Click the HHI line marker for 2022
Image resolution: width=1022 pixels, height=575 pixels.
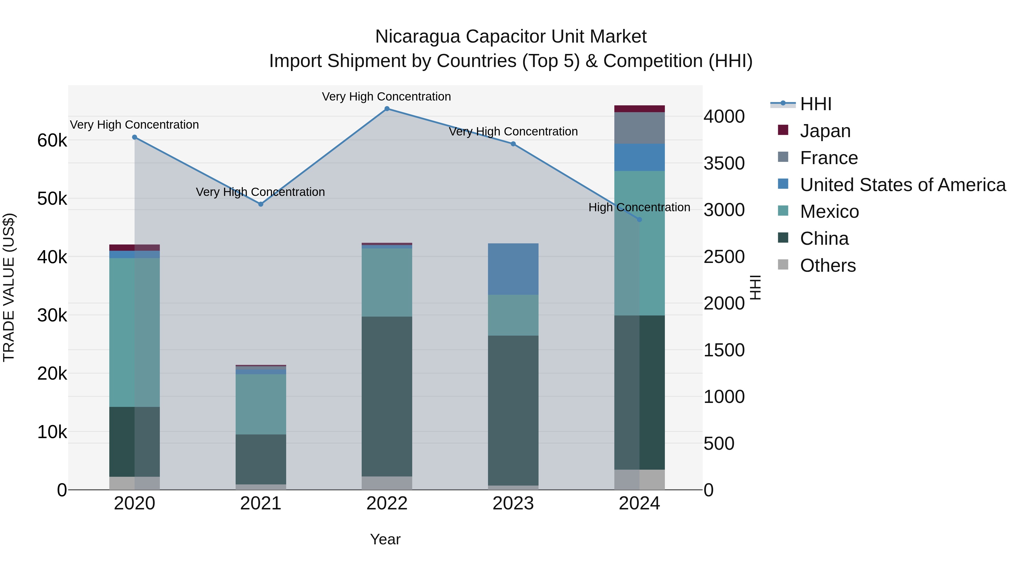click(387, 109)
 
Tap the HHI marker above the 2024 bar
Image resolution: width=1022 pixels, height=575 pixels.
click(639, 219)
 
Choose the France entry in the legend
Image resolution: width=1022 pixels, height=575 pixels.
click(828, 158)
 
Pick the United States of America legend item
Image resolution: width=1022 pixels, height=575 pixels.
click(902, 185)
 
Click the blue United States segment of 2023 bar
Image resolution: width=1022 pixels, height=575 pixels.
click(513, 269)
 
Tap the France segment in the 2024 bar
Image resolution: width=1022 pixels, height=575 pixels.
click(639, 128)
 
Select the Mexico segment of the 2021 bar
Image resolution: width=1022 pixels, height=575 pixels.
click(261, 404)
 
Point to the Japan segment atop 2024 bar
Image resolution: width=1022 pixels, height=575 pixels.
click(639, 109)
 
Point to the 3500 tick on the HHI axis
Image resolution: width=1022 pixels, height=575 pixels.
click(724, 164)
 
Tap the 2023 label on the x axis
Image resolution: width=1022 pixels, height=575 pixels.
click(513, 503)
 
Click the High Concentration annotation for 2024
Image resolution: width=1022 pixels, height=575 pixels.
click(639, 207)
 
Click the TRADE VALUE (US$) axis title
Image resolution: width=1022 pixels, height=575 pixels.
click(9, 287)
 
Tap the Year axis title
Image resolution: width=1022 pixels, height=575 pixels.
click(385, 539)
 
